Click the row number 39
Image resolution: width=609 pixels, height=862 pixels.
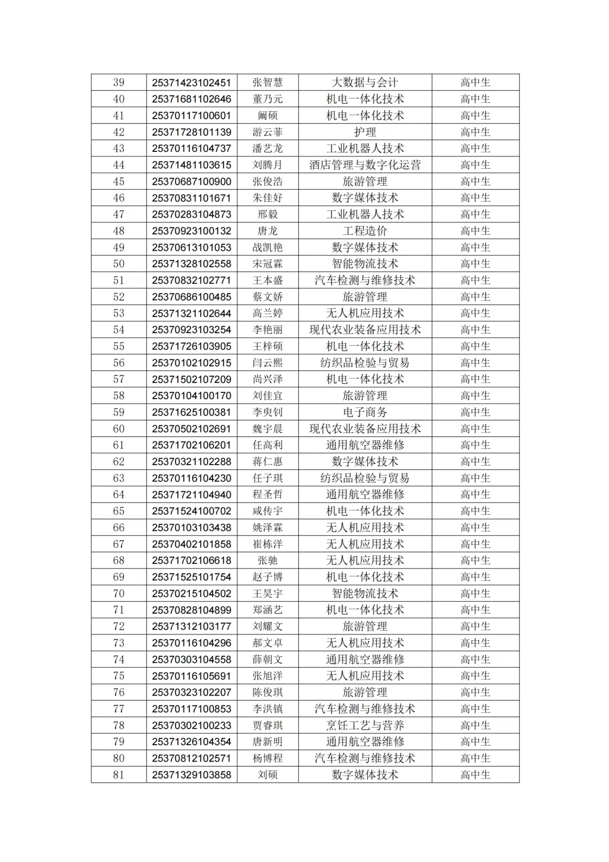118,82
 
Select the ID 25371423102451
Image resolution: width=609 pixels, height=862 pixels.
191,82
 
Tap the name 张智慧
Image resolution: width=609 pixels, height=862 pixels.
267,82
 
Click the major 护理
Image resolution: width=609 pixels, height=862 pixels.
365,132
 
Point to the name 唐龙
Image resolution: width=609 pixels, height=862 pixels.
267,231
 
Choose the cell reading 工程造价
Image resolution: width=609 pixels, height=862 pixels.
365,231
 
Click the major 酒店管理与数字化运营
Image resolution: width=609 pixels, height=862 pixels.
365,165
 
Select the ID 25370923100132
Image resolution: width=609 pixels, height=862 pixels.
191,231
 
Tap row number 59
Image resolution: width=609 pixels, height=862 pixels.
118,412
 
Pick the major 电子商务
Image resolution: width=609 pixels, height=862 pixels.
365,412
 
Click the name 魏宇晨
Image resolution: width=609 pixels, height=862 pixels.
267,428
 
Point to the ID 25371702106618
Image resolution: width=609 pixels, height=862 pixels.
191,561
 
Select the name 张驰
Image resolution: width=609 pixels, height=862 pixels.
267,561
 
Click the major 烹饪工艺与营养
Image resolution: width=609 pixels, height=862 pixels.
365,725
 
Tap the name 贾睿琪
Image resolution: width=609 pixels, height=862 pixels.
267,725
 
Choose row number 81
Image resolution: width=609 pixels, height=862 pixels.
118,775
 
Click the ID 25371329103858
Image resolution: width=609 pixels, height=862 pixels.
191,775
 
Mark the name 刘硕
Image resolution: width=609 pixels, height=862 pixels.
267,775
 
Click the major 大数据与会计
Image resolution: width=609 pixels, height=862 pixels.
365,82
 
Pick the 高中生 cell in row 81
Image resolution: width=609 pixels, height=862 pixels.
475,775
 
